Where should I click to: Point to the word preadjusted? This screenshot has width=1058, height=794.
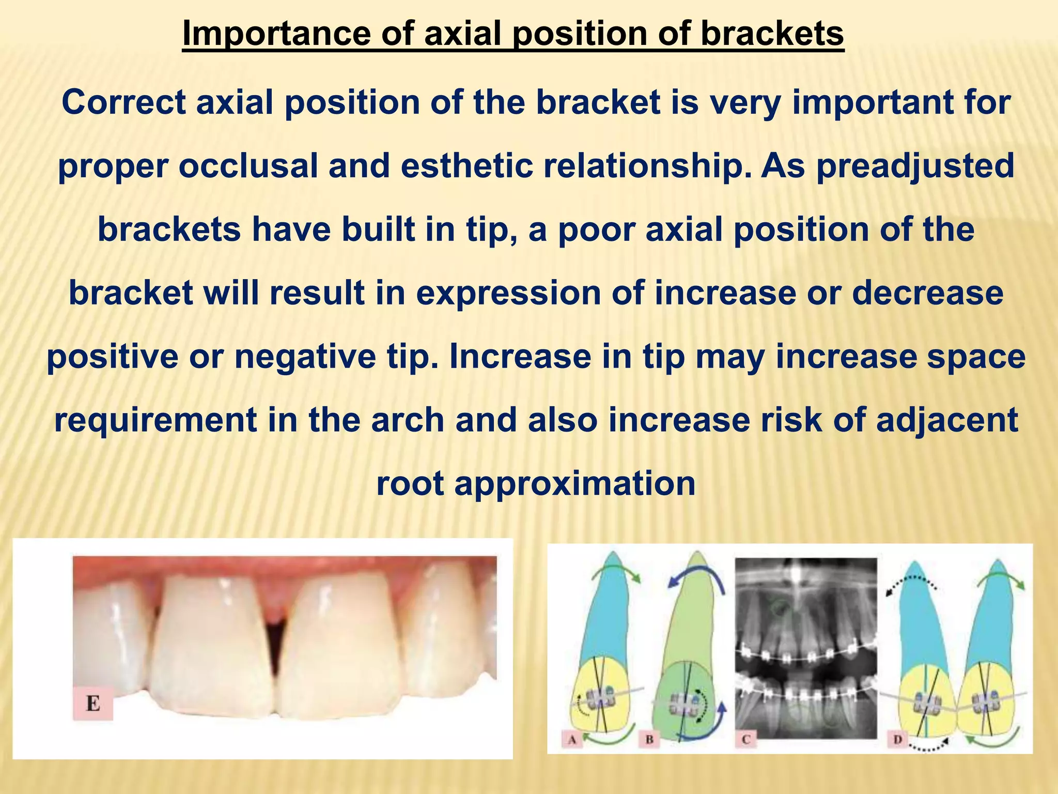click(x=915, y=166)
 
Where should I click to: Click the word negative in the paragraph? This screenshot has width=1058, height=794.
click(x=305, y=356)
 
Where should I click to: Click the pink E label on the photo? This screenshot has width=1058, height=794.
click(x=93, y=704)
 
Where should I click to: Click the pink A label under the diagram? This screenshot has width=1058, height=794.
click(x=572, y=740)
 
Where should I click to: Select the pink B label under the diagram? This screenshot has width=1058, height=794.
click(x=649, y=740)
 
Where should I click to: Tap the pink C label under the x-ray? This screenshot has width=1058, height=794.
click(x=745, y=740)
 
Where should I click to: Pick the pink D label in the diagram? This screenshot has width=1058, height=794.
click(x=897, y=740)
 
